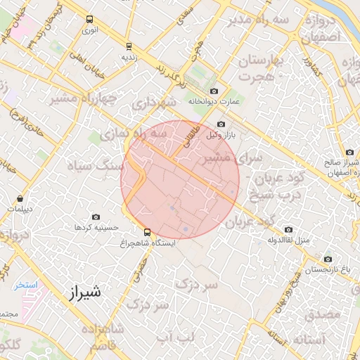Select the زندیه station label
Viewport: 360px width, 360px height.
127,56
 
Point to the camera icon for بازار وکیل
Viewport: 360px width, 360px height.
221,124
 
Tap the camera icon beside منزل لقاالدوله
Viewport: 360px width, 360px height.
288,229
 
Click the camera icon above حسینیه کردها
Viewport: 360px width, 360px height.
96,217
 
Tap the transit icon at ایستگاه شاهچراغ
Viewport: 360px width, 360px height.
147,231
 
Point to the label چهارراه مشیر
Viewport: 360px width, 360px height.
82,99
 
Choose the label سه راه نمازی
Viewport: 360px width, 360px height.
135,132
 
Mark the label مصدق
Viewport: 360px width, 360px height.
323,314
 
